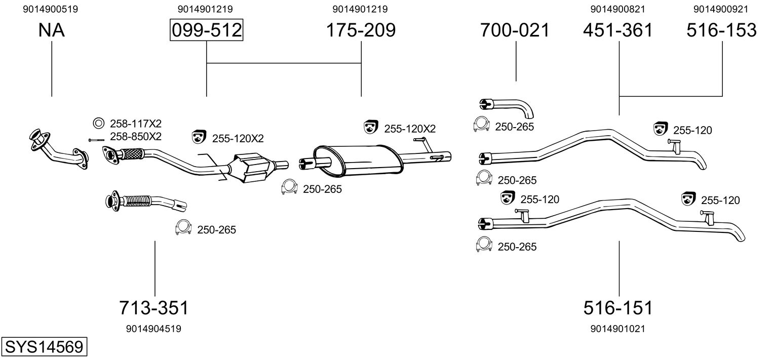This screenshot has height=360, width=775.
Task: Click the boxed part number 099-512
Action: pos(206,30)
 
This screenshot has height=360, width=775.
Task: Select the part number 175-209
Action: pos(360,30)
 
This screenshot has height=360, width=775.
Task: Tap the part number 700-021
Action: pos(515,30)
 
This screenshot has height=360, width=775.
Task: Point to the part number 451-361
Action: pos(618,30)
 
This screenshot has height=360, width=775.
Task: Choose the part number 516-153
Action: pos(721,30)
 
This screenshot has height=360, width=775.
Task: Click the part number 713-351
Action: pos(153,307)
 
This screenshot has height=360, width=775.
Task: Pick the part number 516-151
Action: pos(618,307)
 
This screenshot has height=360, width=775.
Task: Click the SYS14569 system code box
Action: pos(44,347)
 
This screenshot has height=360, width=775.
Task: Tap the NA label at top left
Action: pos(51,30)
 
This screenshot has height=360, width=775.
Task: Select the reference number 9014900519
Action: pos(51,9)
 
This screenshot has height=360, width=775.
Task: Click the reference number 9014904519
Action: pos(153,329)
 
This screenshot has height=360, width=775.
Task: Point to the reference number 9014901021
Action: pos(618,329)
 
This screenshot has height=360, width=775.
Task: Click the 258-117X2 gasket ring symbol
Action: pos(98,123)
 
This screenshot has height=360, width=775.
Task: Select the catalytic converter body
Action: pos(252,167)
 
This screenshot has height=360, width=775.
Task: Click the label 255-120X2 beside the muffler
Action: pos(409,129)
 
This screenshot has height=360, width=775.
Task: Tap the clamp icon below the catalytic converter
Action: pos(289,187)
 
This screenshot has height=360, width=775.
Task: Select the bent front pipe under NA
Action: pos(57,149)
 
